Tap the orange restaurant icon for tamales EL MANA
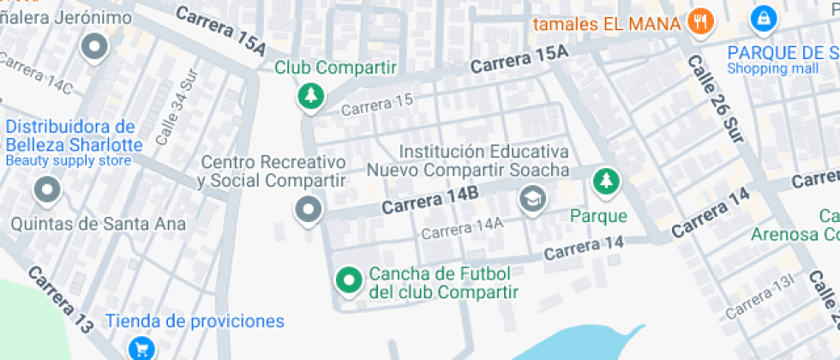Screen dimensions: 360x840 (700, 22)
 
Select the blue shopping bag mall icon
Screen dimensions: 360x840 (761, 18)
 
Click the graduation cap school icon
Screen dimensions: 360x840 (532, 201)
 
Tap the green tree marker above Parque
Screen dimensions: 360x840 (607, 180)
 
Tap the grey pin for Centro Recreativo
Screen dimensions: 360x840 (307, 209)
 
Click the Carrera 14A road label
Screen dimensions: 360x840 (462, 227)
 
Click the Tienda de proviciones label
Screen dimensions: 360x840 (195, 321)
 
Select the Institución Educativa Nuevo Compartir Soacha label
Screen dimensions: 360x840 (468, 160)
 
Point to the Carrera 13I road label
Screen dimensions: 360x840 (760, 302)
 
